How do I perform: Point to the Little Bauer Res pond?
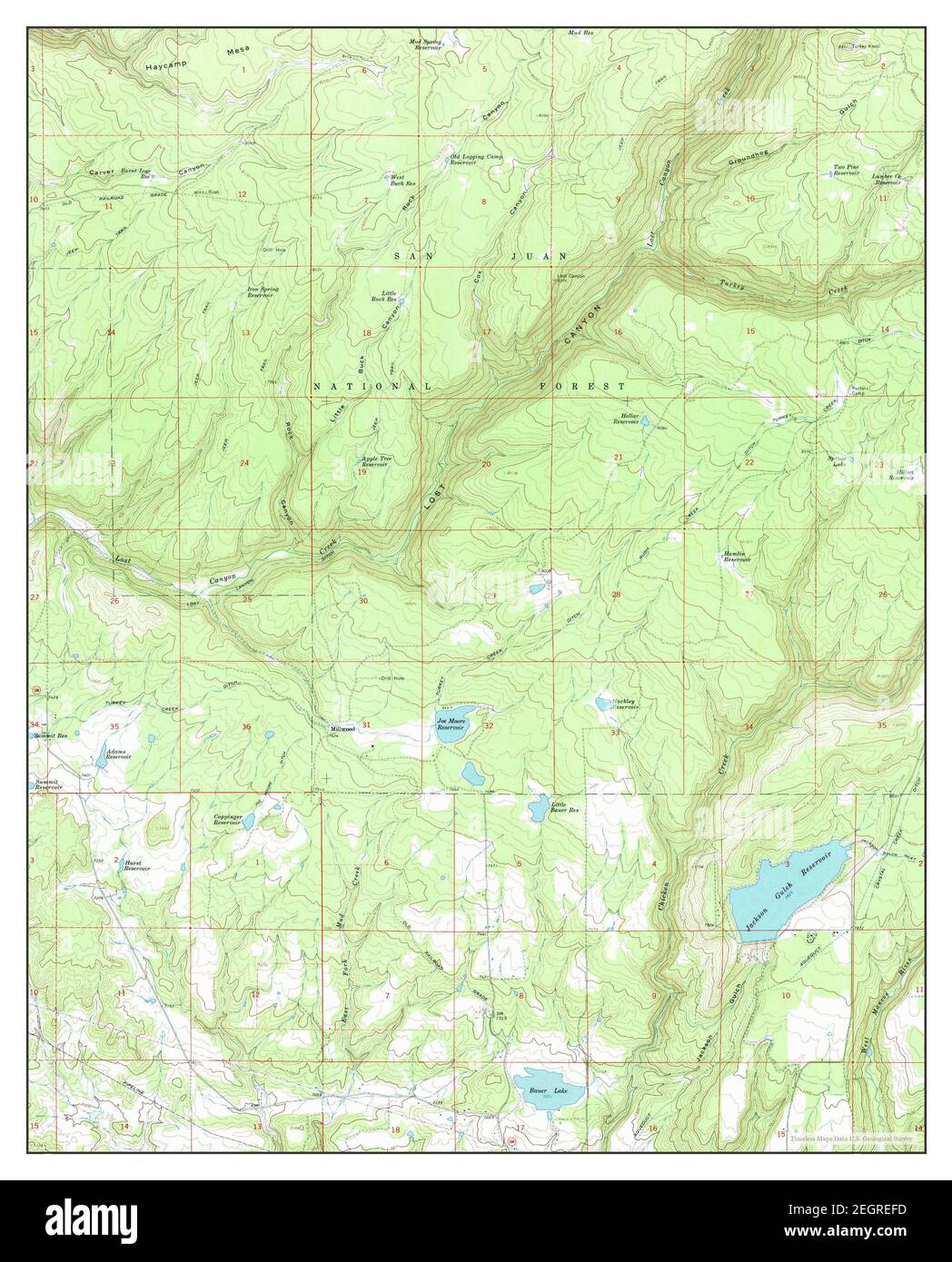coord(538,805)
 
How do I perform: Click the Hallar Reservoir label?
coord(627,419)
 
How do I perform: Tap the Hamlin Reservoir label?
coord(736,557)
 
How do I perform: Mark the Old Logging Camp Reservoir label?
coord(477,160)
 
